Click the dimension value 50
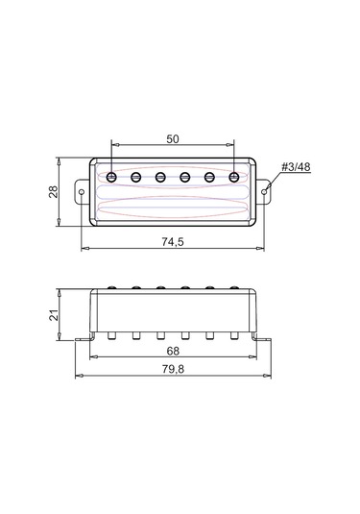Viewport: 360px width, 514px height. (173, 138)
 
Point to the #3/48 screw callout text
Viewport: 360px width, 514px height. (298, 167)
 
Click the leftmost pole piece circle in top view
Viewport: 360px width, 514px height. (113, 176)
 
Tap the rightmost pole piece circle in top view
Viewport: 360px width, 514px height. (233, 176)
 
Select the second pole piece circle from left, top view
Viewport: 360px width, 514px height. (137, 176)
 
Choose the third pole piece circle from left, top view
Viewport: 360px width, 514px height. (161, 176)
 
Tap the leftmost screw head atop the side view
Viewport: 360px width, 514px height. (113, 286)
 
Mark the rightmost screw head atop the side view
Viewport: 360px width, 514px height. (233, 286)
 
